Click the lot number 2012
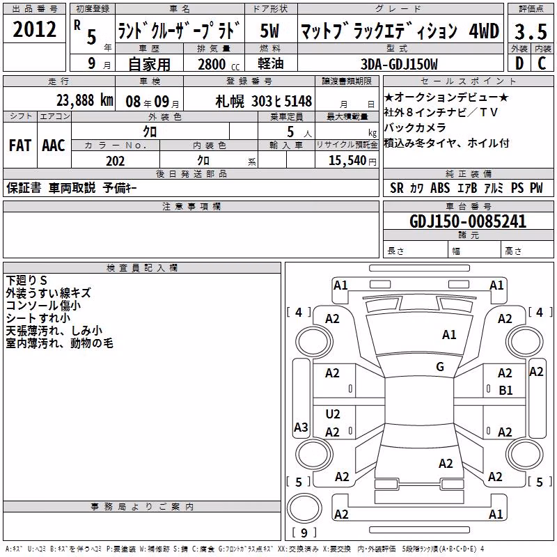(34, 29)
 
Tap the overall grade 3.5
(531, 31)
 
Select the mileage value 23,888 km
(85, 100)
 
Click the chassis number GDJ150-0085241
(468, 221)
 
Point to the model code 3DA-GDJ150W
(399, 64)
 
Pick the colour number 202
(116, 161)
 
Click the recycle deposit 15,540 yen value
(352, 161)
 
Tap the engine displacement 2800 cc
(219, 64)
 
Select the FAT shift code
(20, 146)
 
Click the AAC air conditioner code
(54, 146)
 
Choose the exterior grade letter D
(519, 63)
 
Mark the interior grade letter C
(542, 63)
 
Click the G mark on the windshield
(440, 367)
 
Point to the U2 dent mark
(333, 414)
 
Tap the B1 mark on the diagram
(506, 391)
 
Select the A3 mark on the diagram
(301, 427)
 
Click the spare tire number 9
(304, 533)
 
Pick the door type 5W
(269, 31)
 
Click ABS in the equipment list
(440, 188)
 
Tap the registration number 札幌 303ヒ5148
(264, 101)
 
